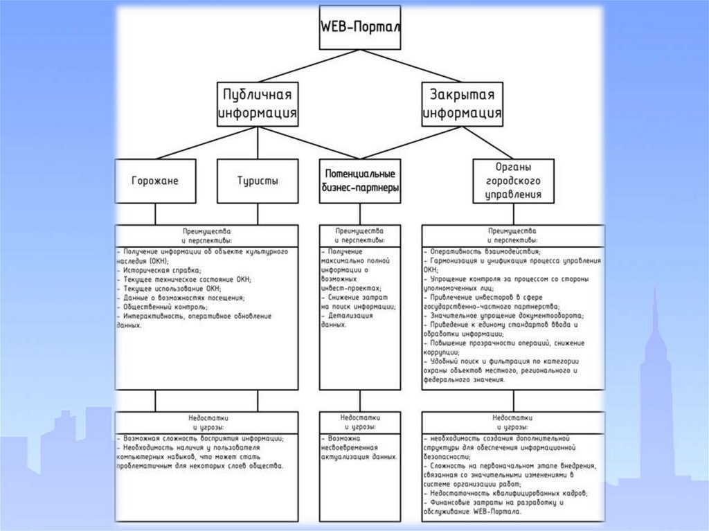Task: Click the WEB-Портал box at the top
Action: click(360, 28)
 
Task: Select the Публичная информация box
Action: click(258, 104)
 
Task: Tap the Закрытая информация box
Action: click(463, 104)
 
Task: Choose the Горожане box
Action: click(155, 181)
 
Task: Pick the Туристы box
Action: click(258, 181)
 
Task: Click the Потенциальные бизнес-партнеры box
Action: click(360, 181)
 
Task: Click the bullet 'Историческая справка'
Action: click(163, 270)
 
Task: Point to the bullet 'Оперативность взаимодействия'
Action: click(485, 251)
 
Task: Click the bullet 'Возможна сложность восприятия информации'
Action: click(201, 439)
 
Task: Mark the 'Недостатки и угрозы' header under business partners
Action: click(360, 423)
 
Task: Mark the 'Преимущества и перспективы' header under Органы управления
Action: click(513, 235)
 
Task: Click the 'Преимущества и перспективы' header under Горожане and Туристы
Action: click(206, 235)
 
